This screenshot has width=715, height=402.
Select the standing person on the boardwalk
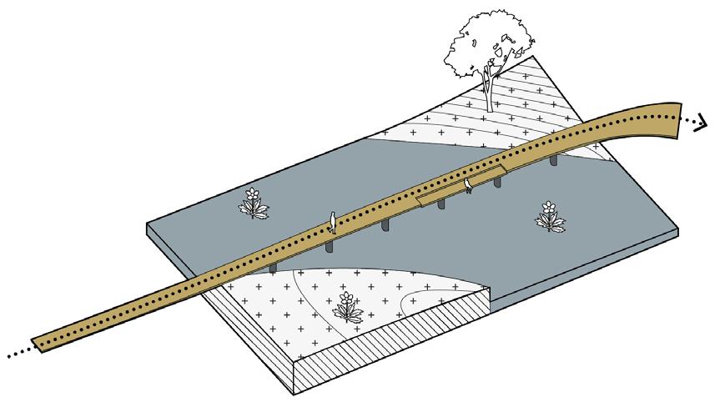pyautogui.click(x=332, y=221)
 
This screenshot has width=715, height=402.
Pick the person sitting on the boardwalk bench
pyautogui.click(x=469, y=184)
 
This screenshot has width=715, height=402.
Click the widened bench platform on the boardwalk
pyautogui.click(x=460, y=188)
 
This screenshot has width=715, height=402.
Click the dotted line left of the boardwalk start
pyautogui.click(x=15, y=354)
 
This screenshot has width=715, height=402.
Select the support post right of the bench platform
pyautogui.click(x=498, y=183)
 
